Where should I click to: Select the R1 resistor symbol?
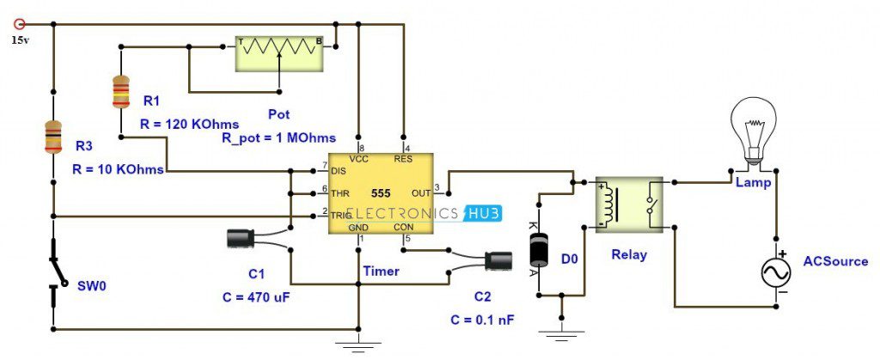pyautogui.click(x=121, y=92)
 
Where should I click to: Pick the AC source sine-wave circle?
pyautogui.click(x=776, y=272)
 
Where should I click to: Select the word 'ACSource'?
pyautogui.click(x=835, y=261)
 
